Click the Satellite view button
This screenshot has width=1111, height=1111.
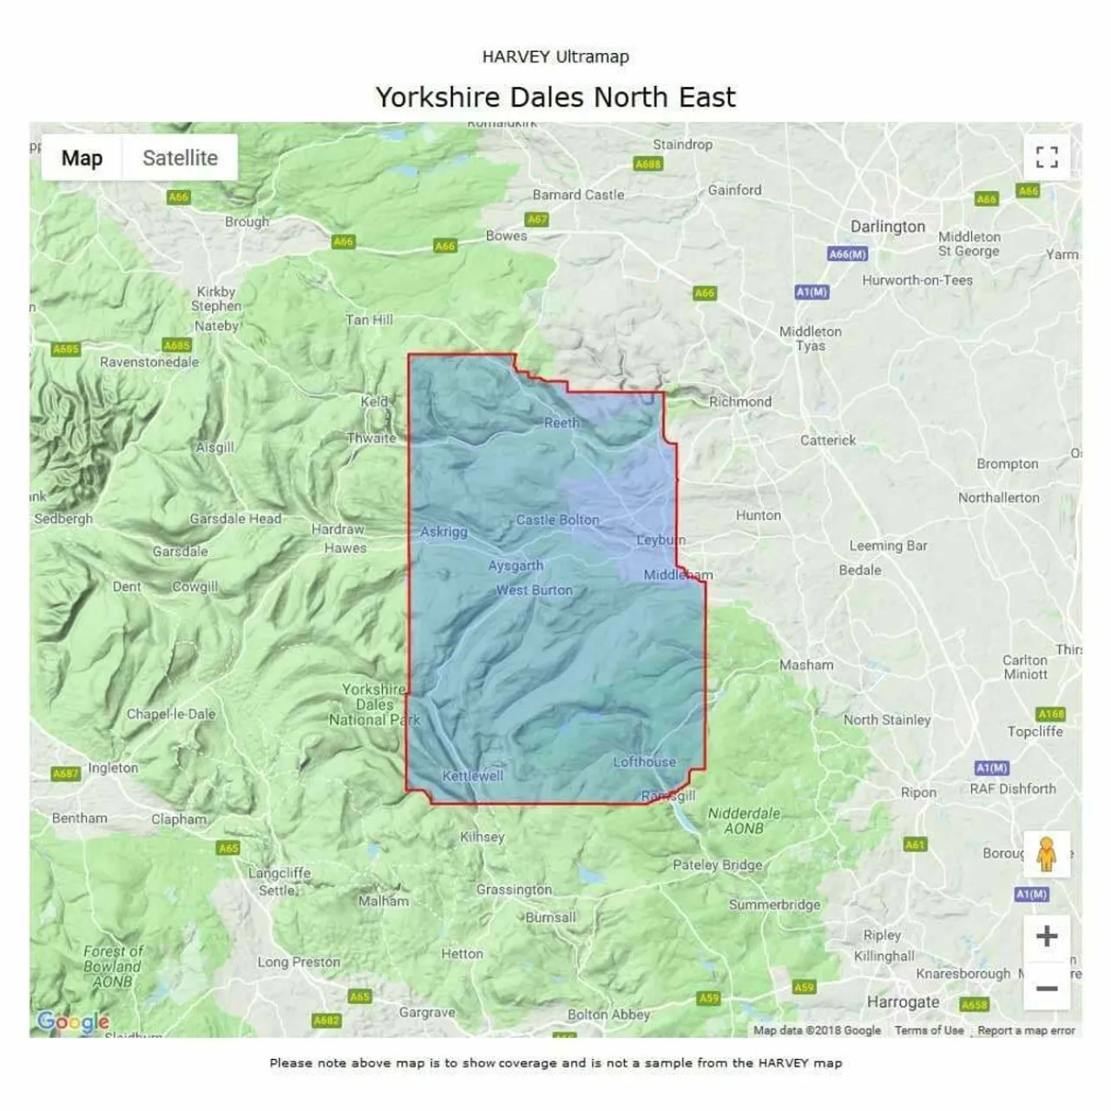click(x=180, y=158)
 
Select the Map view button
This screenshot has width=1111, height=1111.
click(x=82, y=158)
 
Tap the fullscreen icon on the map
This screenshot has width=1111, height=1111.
click(x=1047, y=157)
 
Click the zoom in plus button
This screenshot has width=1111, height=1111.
click(x=1047, y=936)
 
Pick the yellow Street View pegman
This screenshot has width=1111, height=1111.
click(x=1046, y=854)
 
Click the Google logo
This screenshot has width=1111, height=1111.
click(x=73, y=1022)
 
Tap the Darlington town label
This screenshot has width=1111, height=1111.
click(x=887, y=227)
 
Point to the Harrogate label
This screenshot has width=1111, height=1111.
click(x=903, y=1002)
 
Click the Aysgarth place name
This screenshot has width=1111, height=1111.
click(x=516, y=566)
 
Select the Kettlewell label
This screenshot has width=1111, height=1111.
click(x=472, y=775)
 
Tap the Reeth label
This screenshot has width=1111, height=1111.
click(x=561, y=423)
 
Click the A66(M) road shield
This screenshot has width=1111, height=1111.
click(x=847, y=254)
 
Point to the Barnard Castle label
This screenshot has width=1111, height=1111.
click(x=578, y=195)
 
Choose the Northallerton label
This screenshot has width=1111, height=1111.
click(x=998, y=497)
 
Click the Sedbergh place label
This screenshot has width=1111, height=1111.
click(x=63, y=518)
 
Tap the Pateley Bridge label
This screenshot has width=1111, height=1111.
click(x=717, y=864)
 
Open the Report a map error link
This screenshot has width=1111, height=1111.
click(x=1026, y=1030)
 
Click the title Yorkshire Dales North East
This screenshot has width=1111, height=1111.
click(x=555, y=97)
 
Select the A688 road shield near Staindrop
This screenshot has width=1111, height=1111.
click(x=648, y=164)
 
